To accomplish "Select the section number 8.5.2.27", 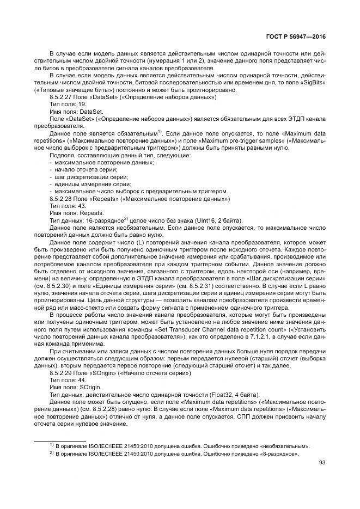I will pyautogui.click(x=61, y=96).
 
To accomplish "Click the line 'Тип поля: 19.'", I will pyautogui.click(x=68, y=103).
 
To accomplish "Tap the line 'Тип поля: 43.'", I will pyautogui.click(x=68, y=206).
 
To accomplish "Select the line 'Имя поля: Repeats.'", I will pyautogui.click(x=76, y=213).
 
